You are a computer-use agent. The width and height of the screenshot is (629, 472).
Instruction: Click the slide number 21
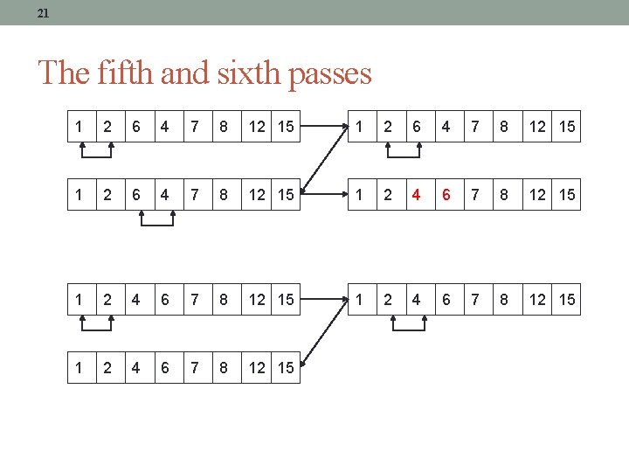[x=44, y=13]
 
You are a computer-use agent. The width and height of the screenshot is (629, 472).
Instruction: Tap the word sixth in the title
[x=243, y=73]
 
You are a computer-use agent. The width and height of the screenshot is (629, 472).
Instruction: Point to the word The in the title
[x=63, y=73]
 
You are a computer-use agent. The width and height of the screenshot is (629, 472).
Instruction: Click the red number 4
[x=417, y=195]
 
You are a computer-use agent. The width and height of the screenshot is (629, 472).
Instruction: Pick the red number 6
[x=446, y=195]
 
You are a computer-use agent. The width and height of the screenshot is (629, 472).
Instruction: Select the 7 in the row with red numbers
[x=475, y=195]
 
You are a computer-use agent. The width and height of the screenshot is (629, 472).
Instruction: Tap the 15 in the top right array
[x=567, y=127]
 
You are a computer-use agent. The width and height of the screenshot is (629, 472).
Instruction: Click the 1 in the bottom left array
[x=79, y=367]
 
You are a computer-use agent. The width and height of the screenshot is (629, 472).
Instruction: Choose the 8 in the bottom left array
[x=224, y=367]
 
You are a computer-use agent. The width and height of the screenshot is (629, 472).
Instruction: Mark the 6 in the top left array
[x=135, y=127]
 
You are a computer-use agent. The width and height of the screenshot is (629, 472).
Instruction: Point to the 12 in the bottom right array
[x=537, y=300]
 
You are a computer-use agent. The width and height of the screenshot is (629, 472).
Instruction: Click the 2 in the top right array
[x=387, y=127]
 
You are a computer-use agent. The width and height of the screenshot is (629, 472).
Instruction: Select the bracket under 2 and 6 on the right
[x=404, y=154]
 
